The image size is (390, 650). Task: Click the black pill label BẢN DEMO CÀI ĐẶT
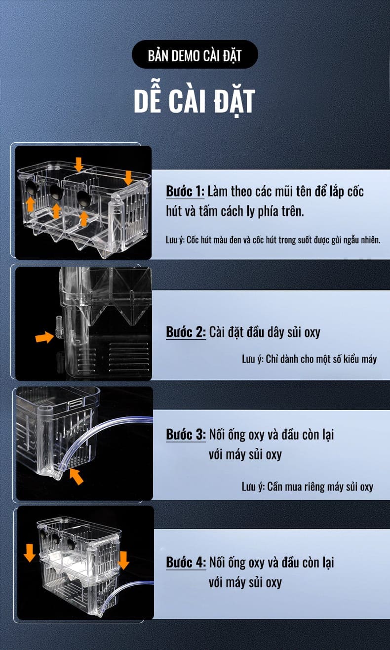click(x=195, y=54)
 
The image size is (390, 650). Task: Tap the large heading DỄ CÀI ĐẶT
click(x=195, y=101)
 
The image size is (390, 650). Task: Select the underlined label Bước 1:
click(x=185, y=191)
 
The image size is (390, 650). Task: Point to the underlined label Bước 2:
click(x=186, y=332)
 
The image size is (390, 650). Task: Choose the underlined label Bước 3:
click(x=186, y=434)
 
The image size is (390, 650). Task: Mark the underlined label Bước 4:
click(x=186, y=563)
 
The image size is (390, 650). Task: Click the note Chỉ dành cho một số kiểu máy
click(x=310, y=359)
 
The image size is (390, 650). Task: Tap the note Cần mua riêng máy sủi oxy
click(x=308, y=487)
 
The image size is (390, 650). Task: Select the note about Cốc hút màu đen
click(x=273, y=240)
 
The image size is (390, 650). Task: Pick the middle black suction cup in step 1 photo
click(x=56, y=192)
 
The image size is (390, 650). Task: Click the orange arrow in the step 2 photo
click(x=44, y=337)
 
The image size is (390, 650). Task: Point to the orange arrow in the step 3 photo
click(x=76, y=476)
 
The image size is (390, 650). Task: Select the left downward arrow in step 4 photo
click(x=30, y=553)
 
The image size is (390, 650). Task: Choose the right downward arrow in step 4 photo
click(x=124, y=560)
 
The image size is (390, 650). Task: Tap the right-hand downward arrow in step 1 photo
click(x=127, y=178)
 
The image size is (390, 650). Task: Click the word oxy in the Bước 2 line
click(x=312, y=332)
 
